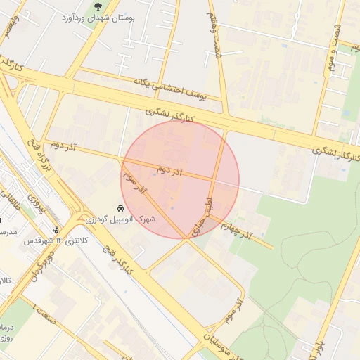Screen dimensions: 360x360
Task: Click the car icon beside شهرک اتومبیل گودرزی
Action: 121,209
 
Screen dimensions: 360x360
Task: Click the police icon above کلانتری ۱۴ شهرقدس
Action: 56,229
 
